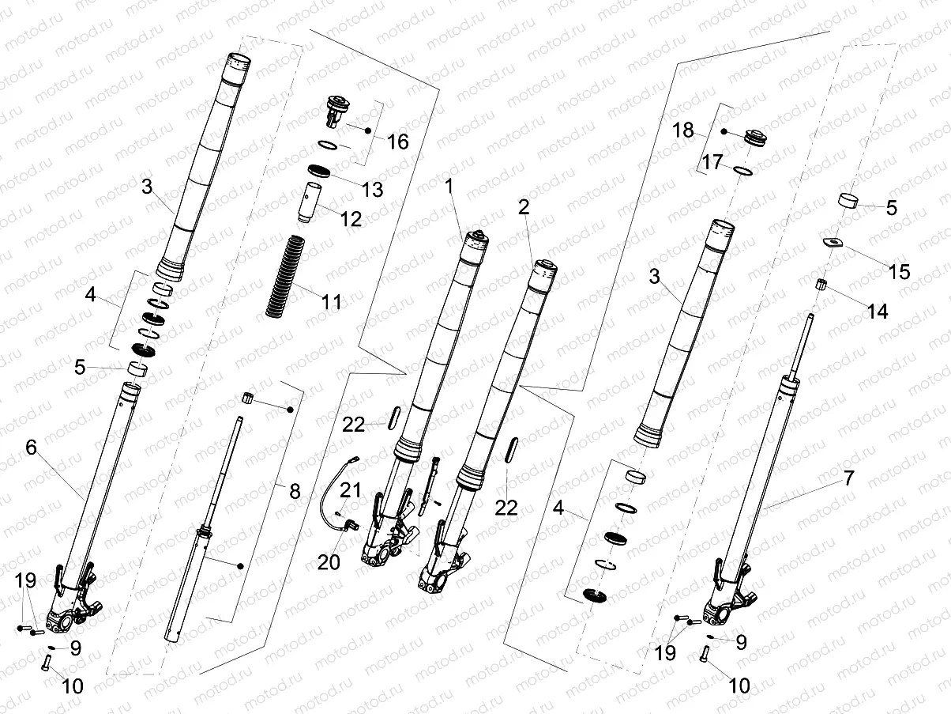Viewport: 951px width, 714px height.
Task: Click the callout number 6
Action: point(32,448)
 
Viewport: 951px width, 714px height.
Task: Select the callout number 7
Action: point(848,478)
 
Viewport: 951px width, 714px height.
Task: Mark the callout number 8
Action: point(295,491)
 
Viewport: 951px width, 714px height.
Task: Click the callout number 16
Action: point(399,142)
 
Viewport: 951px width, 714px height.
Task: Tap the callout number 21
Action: point(351,490)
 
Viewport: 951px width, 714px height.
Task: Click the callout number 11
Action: point(332,301)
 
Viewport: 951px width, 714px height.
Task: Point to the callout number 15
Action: point(900,272)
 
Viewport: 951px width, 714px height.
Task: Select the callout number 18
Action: point(682,130)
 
